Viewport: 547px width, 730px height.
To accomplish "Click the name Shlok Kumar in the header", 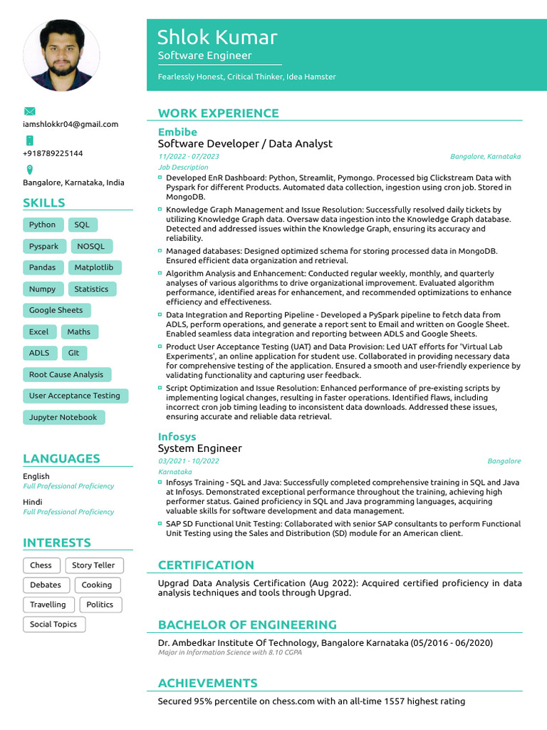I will click(x=217, y=37).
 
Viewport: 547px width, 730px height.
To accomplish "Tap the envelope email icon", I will click(x=29, y=111).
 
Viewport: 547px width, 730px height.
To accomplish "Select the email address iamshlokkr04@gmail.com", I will click(x=71, y=124).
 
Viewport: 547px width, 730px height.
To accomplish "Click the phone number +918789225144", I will click(x=53, y=153).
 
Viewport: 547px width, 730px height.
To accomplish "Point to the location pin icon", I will click(x=29, y=170).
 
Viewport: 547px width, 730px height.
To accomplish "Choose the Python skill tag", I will click(x=42, y=225).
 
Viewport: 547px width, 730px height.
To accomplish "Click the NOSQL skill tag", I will click(x=90, y=246).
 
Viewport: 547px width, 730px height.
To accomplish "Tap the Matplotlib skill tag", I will click(x=94, y=267).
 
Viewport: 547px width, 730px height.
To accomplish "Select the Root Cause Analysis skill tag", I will click(x=66, y=374).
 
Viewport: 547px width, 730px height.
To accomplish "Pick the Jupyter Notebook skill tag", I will click(x=63, y=417).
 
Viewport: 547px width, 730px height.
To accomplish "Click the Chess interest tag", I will click(x=41, y=565).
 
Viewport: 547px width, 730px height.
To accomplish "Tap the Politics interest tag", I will click(x=100, y=605).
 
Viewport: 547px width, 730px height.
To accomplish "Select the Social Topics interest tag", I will click(x=53, y=624).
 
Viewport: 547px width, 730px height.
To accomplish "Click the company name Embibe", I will click(x=177, y=132).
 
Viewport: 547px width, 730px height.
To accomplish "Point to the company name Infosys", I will click(x=177, y=436).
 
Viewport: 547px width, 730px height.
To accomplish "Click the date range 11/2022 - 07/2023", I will click(x=189, y=156).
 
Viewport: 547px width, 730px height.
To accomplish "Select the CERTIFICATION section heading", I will click(x=206, y=565).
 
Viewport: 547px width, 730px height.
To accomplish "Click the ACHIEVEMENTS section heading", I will click(x=207, y=683).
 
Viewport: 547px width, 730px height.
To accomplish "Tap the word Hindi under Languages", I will click(x=32, y=502).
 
